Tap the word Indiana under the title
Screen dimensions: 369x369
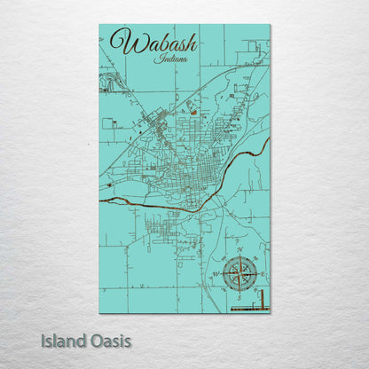point(169,59)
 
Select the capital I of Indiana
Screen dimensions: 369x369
point(156,59)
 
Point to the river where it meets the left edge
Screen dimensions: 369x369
point(101,200)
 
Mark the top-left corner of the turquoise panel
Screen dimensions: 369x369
point(100,25)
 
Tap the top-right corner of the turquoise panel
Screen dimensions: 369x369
point(270,25)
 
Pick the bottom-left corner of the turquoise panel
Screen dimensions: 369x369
point(100,312)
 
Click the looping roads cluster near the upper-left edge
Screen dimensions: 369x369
point(108,83)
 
